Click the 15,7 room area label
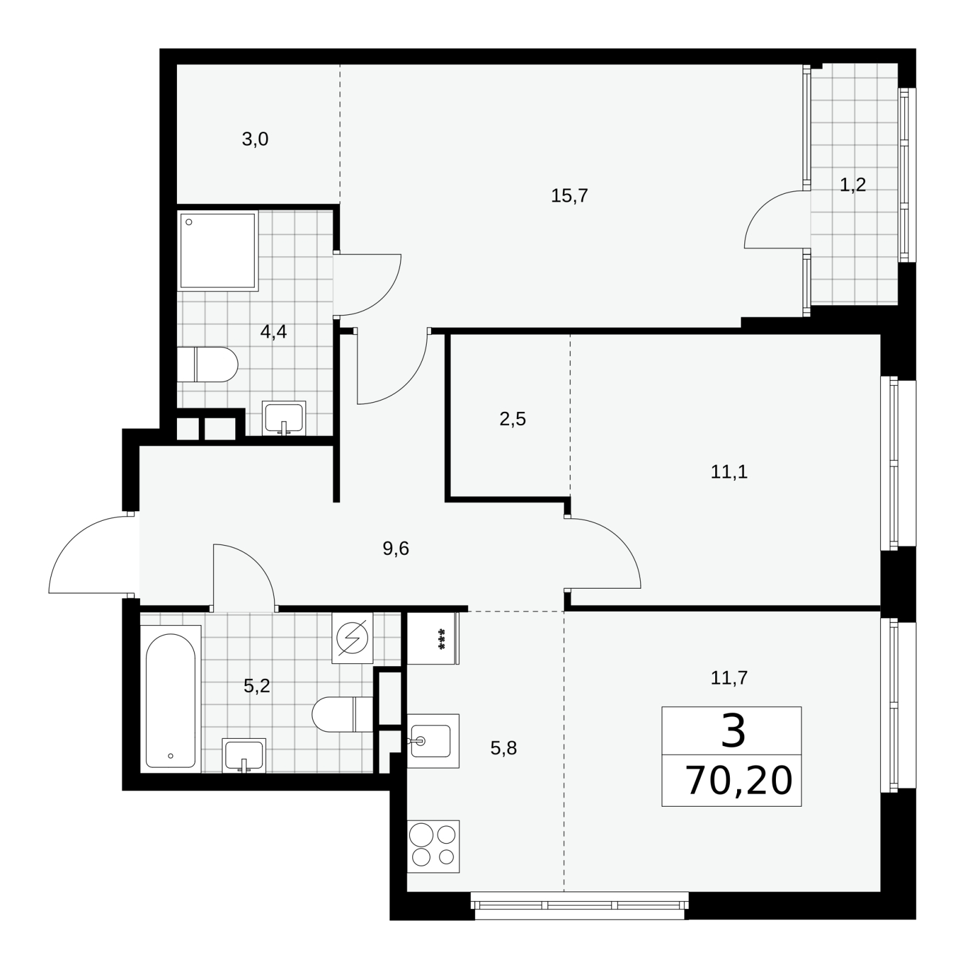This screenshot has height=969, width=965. point(569,196)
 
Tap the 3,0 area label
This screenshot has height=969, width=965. point(255,140)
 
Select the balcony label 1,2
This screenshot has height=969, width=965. point(852,185)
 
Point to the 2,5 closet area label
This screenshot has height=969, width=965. point(513,419)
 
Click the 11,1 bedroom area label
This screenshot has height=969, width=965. point(729,472)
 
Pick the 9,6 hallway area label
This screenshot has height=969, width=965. point(396,549)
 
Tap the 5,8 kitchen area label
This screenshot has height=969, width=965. point(503,749)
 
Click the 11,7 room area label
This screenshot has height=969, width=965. point(729,678)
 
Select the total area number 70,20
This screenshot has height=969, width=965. point(739,781)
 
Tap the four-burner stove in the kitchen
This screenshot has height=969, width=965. point(433,846)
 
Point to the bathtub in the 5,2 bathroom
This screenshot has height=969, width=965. point(170,699)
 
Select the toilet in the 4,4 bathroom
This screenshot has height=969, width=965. point(208,365)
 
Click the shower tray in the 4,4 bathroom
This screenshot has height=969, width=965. point(218,250)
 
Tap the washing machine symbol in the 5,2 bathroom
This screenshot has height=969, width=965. point(353,638)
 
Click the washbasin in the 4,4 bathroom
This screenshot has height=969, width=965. point(284,418)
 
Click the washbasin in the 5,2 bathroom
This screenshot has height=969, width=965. point(244,756)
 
